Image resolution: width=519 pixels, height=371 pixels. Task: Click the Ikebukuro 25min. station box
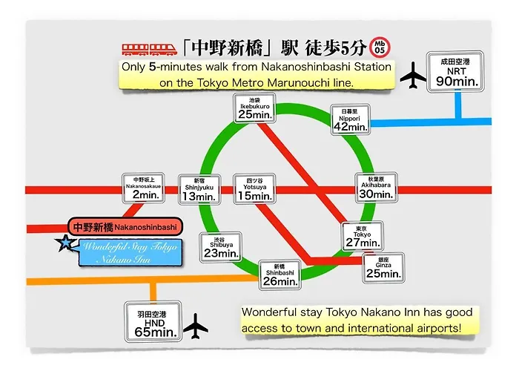(254, 108)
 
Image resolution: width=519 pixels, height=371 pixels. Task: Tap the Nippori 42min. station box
(350, 119)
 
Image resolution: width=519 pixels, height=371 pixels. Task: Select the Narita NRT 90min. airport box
(455, 71)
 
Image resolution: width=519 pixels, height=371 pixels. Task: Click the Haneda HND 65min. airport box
(153, 321)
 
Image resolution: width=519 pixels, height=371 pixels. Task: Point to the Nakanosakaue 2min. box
(143, 188)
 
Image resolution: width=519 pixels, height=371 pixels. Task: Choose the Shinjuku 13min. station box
(199, 189)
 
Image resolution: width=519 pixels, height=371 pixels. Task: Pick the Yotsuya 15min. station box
(254, 188)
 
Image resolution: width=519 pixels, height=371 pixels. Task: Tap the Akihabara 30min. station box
(376, 187)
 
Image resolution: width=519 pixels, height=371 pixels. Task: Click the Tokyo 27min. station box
(363, 236)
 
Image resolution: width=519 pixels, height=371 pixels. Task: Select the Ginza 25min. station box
(383, 268)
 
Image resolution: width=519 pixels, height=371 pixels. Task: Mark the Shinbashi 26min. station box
(280, 275)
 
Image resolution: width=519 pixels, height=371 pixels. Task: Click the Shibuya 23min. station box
(221, 247)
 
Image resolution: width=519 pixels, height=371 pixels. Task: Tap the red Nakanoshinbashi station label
(125, 227)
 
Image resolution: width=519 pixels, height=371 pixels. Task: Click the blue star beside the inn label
(65, 243)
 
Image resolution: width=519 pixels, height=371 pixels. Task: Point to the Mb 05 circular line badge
(380, 47)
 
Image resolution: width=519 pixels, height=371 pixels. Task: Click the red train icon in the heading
(149, 50)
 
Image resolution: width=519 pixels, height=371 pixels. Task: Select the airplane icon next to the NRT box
(413, 76)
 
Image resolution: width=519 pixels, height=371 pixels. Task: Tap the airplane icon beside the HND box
(196, 326)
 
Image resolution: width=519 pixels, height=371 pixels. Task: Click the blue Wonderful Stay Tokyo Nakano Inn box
(130, 253)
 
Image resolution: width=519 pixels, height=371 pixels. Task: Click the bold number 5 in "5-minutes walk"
(152, 67)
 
